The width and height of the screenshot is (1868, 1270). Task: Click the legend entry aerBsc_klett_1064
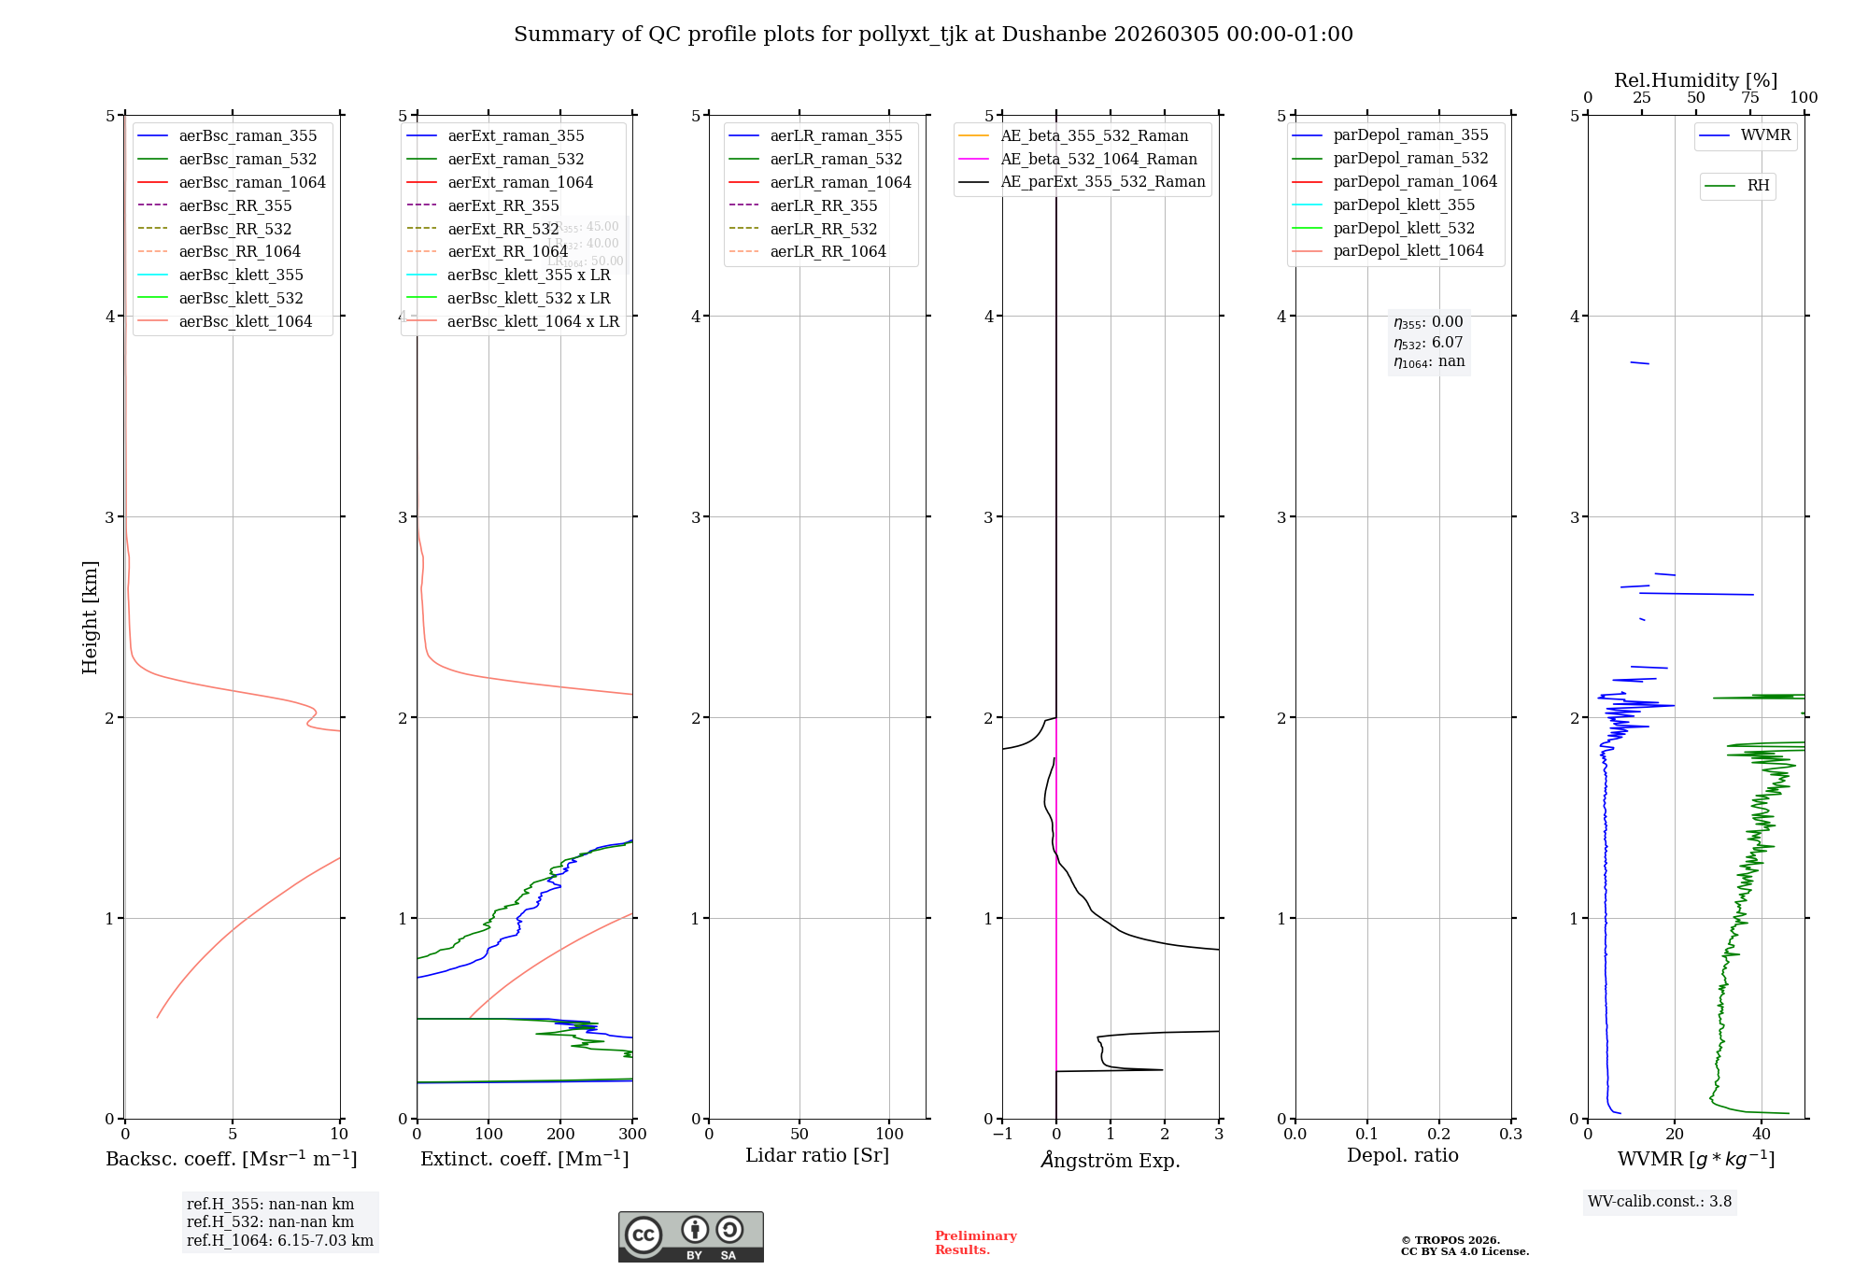[245, 322]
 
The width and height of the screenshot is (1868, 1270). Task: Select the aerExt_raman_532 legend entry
[516, 160]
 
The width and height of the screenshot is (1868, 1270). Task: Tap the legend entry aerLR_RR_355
[823, 206]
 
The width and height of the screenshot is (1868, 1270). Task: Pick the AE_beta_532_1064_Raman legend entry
[1098, 160]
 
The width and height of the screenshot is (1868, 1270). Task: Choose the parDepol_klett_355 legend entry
[1404, 205]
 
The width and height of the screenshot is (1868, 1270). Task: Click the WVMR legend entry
[1765, 135]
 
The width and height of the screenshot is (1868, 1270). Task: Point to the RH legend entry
[1758, 186]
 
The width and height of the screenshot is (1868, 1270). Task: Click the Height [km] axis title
[90, 617]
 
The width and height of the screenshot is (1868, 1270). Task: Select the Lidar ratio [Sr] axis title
[817, 1156]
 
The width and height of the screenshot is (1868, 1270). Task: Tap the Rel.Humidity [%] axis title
[1695, 80]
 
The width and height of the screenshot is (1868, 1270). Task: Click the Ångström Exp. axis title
[1110, 1160]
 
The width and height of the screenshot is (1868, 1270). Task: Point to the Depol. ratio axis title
[1402, 1156]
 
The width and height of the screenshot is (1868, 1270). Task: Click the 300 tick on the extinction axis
[632, 1135]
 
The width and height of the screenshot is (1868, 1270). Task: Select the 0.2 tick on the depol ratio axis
[1439, 1135]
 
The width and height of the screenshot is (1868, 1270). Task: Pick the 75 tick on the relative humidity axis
[1749, 98]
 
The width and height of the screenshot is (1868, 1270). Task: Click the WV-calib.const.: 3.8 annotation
[1660, 1202]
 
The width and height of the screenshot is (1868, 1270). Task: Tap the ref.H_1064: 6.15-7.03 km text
[280, 1241]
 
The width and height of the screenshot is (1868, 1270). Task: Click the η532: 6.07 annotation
[1428, 343]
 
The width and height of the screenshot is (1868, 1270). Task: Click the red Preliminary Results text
[975, 1243]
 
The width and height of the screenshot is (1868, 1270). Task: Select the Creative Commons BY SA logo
[690, 1237]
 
